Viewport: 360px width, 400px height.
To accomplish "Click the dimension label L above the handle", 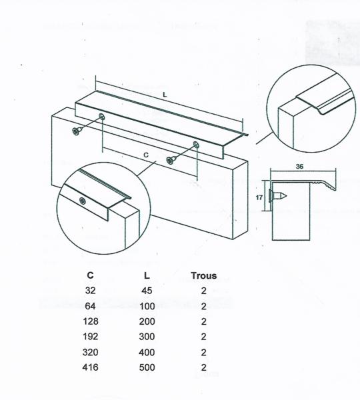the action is pos(165,95).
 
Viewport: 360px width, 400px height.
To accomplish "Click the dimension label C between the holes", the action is pos(146,155).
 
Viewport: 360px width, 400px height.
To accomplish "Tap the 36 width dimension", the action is pos(299,166).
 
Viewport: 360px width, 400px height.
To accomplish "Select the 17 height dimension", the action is pos(259,197).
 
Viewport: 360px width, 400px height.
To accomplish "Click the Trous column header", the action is pos(203,275).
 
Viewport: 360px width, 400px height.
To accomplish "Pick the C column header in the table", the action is pos(90,275).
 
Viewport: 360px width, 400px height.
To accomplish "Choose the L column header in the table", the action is pos(147,275).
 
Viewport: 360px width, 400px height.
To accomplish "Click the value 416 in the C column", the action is pos(90,367).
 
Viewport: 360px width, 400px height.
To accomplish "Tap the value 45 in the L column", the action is pos(147,291).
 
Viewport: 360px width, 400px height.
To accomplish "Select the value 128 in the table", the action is pos(90,321).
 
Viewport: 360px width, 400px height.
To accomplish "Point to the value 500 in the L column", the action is pos(147,367).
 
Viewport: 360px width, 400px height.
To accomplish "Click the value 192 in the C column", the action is pos(90,337).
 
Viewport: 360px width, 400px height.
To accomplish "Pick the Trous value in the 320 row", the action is pos(203,352).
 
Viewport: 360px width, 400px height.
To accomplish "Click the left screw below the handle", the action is pos(77,131).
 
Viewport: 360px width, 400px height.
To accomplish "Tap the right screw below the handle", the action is pos(171,160).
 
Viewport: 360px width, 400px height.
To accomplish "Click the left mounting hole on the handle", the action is pos(101,116).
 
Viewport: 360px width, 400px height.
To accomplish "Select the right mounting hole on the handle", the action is pos(196,145).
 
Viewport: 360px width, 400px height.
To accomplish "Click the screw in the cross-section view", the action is pos(278,197).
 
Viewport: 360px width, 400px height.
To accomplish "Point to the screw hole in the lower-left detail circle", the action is pos(83,201).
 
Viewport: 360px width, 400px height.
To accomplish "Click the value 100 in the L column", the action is pos(147,306).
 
